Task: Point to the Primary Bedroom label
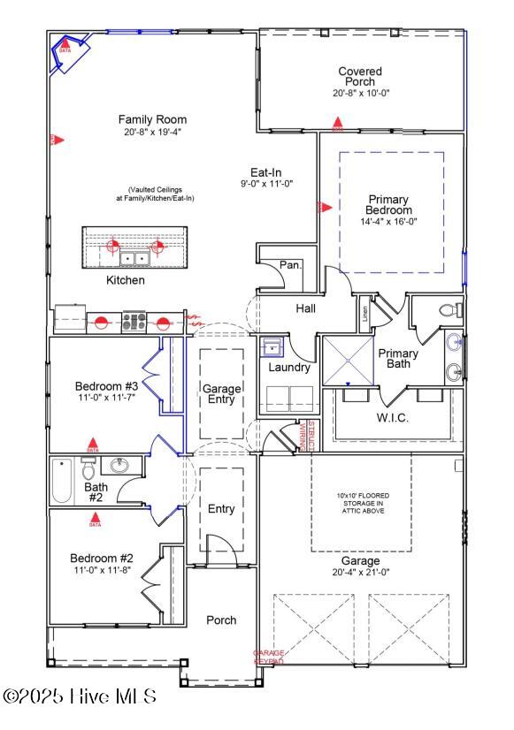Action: click(389, 205)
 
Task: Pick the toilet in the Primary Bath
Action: click(450, 310)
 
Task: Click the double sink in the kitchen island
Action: click(134, 258)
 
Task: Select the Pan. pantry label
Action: click(290, 264)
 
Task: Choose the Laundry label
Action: click(289, 367)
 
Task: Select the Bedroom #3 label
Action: click(106, 386)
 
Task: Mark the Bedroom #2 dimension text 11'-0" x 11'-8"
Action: click(104, 571)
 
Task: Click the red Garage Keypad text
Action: click(269, 657)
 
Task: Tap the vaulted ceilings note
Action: click(161, 194)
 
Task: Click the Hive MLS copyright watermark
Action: click(80, 696)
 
